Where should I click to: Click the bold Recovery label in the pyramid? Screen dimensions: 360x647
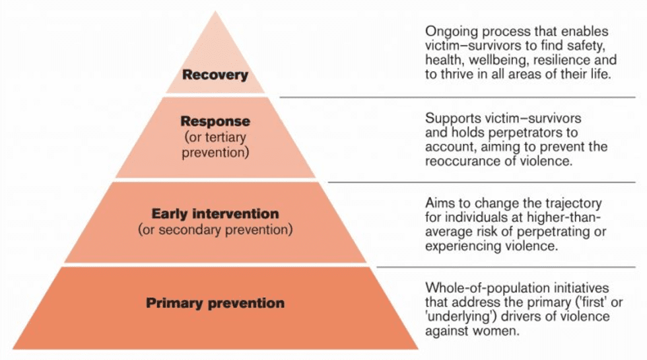click(x=215, y=75)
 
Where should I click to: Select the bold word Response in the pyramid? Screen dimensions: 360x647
click(x=215, y=122)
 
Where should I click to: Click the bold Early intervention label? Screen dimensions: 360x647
click(x=215, y=214)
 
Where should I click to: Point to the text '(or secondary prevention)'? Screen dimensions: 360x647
click(x=215, y=231)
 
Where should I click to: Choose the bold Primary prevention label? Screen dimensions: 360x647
click(x=215, y=304)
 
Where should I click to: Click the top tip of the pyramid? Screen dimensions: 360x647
click(x=216, y=13)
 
